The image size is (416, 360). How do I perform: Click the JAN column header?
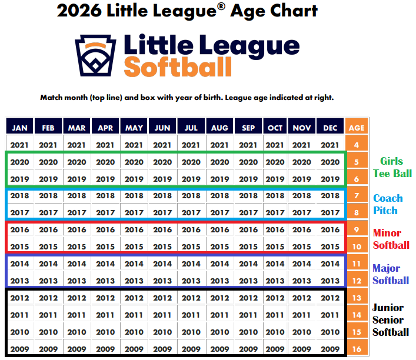click(x=20, y=128)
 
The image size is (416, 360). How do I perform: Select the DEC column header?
click(x=331, y=128)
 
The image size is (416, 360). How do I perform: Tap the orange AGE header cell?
click(x=357, y=128)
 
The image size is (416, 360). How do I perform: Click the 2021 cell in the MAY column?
click(x=134, y=145)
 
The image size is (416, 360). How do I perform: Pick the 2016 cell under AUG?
click(x=220, y=230)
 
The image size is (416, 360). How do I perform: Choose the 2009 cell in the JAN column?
click(x=20, y=349)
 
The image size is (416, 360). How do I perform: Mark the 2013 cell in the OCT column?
click(x=275, y=281)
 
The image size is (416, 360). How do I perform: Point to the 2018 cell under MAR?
click(x=77, y=196)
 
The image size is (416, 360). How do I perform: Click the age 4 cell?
click(x=357, y=145)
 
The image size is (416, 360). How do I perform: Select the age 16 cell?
click(x=357, y=349)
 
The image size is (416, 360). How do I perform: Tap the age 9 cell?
click(x=357, y=230)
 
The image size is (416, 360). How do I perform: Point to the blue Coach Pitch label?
click(x=388, y=204)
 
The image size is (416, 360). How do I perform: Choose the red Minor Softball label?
click(x=391, y=239)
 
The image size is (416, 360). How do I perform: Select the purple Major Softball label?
click(x=390, y=274)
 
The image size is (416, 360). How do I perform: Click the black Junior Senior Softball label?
click(x=390, y=320)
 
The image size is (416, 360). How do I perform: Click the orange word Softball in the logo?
click(x=178, y=68)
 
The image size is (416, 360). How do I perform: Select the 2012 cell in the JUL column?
click(x=191, y=298)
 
